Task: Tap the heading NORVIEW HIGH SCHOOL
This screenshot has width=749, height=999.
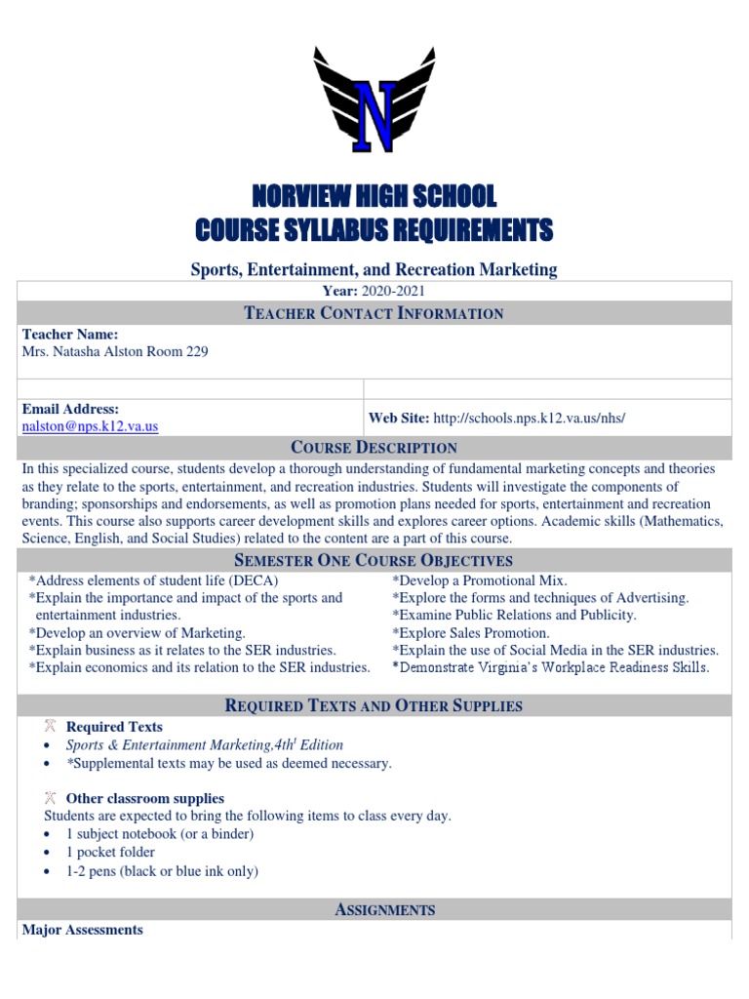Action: [x=374, y=196]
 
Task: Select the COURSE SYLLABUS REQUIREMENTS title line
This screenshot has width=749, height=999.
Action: [x=374, y=230]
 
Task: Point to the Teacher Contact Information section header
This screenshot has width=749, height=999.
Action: [x=374, y=313]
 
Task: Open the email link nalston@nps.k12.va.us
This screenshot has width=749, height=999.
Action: [x=90, y=426]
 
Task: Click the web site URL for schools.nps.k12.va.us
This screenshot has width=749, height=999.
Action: [x=528, y=418]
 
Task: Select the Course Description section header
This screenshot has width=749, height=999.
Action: [x=374, y=448]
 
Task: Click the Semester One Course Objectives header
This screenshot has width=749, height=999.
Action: [x=374, y=560]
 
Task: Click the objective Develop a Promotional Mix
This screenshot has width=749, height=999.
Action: [x=480, y=580]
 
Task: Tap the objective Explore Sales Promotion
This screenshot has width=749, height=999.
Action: [x=471, y=633]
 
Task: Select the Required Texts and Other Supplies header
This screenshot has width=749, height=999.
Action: [x=374, y=705]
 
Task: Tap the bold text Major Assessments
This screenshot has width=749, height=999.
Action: [x=83, y=930]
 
